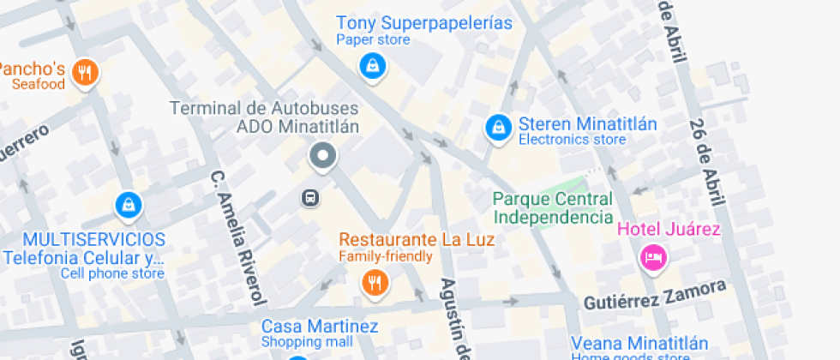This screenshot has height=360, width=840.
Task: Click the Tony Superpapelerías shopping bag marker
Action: tap(371, 65)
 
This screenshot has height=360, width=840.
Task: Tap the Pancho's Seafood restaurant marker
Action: tap(84, 73)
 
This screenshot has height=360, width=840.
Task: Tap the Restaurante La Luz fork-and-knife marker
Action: tap(374, 282)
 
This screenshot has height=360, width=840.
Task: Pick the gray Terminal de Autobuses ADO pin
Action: tap(323, 156)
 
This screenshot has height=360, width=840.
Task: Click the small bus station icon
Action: tap(310, 198)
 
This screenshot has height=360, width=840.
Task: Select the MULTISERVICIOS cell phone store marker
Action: tap(128, 204)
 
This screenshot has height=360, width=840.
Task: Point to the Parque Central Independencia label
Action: tap(553, 207)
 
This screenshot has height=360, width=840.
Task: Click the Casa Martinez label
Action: tap(320, 327)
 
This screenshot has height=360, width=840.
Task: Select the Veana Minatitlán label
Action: tap(639, 343)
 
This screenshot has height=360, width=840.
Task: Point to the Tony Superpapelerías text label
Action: tap(424, 23)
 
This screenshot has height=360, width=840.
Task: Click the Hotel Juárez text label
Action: tap(669, 229)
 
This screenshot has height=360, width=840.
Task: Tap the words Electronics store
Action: tap(573, 139)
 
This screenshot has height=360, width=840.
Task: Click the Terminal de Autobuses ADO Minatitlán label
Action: tap(264, 117)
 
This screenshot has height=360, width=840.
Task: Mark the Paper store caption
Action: tap(373, 39)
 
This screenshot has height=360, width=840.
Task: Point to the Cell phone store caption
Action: tap(111, 273)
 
